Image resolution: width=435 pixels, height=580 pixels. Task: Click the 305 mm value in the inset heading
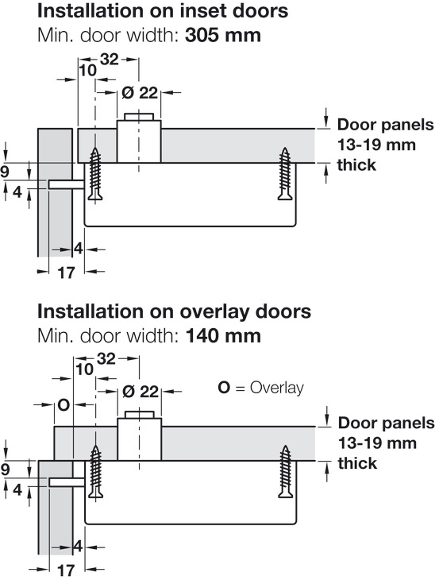click(x=223, y=35)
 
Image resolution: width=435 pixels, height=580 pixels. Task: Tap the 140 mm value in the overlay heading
click(x=223, y=336)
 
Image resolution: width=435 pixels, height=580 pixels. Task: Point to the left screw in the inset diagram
click(x=95, y=175)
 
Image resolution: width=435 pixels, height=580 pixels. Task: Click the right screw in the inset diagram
click(x=285, y=174)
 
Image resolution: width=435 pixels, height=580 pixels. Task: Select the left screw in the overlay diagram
click(x=96, y=473)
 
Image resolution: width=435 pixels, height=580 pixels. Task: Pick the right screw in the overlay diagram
click(x=285, y=472)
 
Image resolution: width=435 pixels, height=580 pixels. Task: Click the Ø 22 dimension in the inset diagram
click(x=140, y=92)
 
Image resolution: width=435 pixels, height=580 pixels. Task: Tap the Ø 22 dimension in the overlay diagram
click(x=140, y=391)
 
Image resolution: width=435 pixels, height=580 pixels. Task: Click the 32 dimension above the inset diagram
click(x=110, y=59)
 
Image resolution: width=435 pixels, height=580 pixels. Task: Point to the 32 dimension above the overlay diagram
click(x=106, y=358)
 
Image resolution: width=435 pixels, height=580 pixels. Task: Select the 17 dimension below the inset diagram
click(x=67, y=273)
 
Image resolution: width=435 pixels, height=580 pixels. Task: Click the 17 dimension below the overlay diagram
click(x=67, y=570)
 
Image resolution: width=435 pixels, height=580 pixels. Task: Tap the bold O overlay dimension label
click(x=64, y=405)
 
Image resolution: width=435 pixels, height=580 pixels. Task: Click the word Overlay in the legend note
click(x=277, y=388)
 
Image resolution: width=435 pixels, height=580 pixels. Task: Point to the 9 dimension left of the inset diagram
click(x=5, y=172)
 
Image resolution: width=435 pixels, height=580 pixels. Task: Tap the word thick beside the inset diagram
click(x=356, y=164)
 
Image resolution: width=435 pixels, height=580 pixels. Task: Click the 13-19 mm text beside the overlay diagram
click(x=377, y=443)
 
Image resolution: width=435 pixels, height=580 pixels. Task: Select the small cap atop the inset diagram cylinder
click(x=139, y=116)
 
